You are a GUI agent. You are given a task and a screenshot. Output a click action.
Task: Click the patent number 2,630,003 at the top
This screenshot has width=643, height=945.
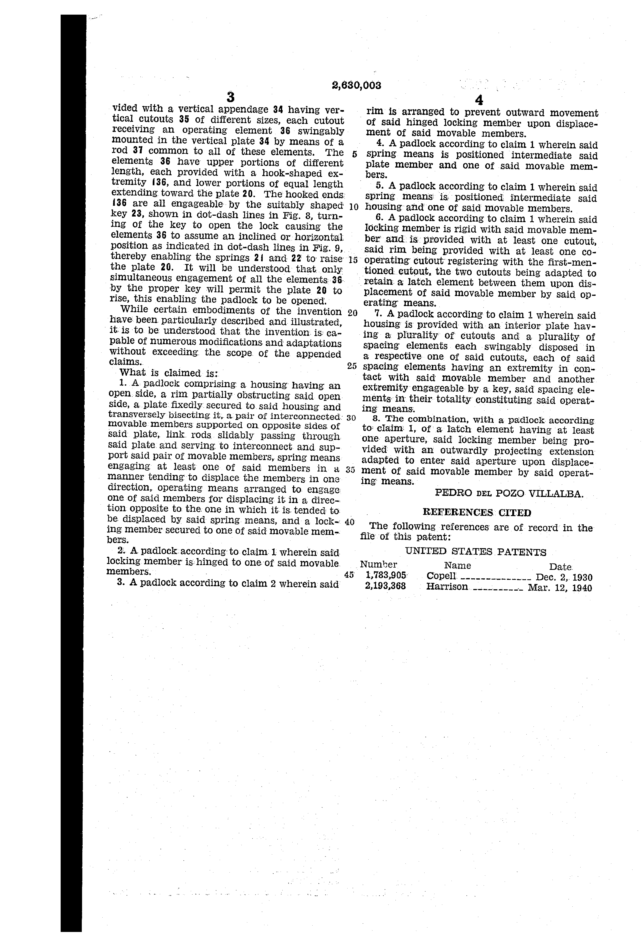coord(356,85)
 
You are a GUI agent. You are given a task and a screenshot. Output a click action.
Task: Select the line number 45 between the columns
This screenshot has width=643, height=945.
coord(349,575)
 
